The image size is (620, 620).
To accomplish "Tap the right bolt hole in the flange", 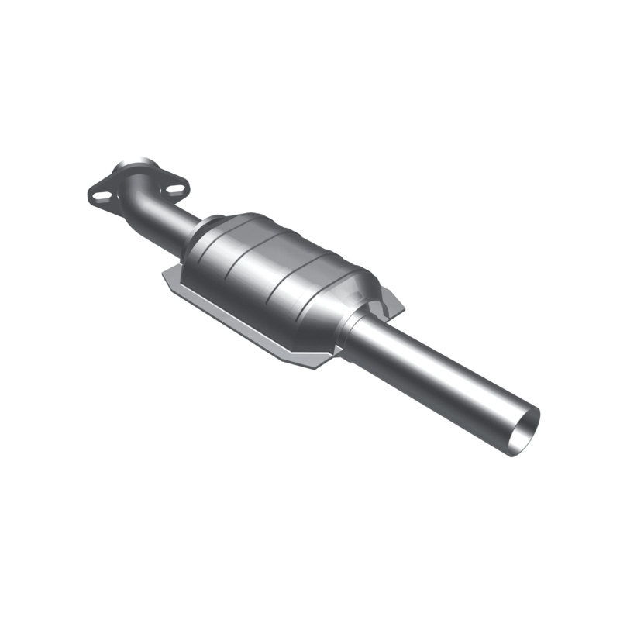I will (x=175, y=188).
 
